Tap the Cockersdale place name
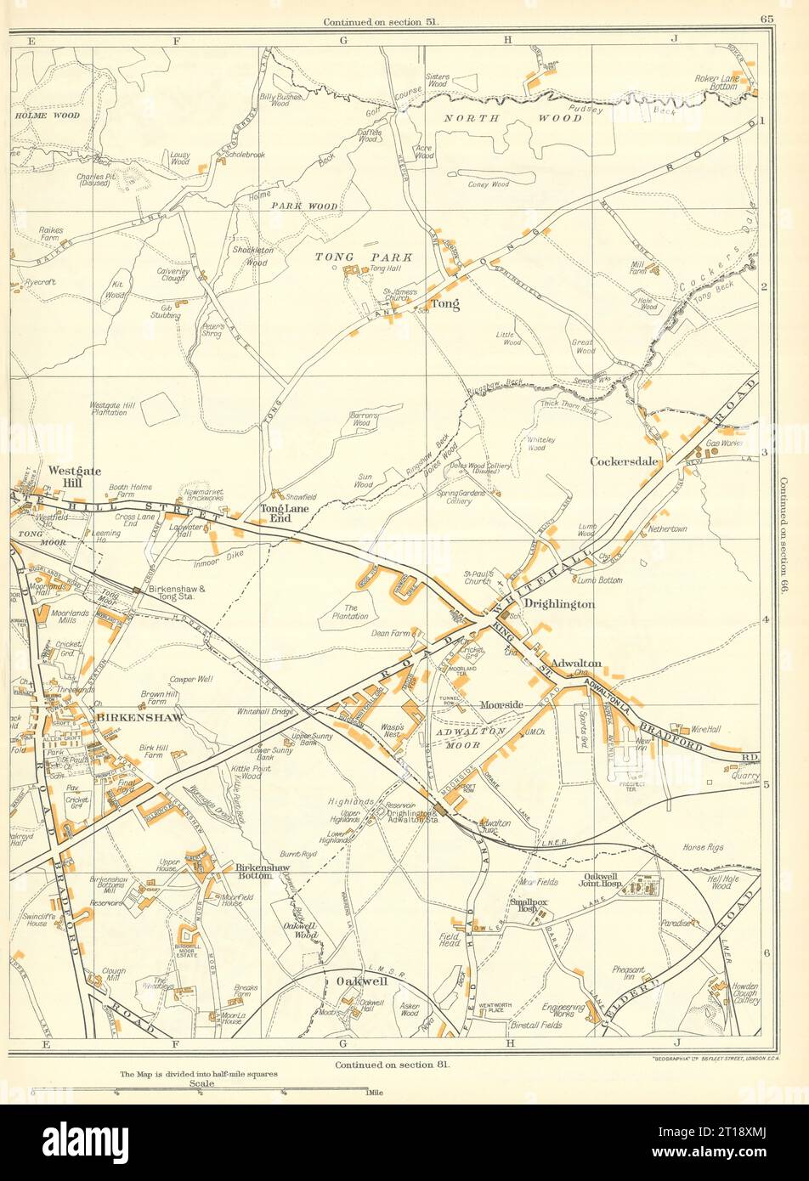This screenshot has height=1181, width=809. [x=626, y=461]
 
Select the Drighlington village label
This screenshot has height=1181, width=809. [x=558, y=603]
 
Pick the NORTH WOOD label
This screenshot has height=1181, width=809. [x=513, y=118]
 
